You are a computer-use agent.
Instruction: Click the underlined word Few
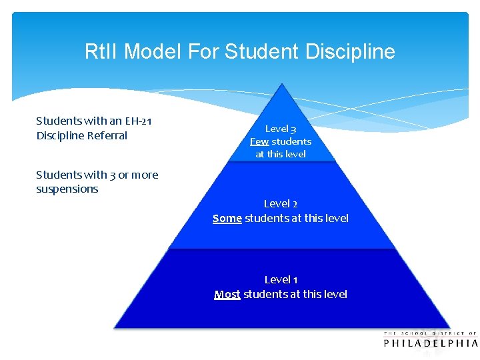(x=259, y=141)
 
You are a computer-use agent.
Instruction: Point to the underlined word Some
(x=227, y=218)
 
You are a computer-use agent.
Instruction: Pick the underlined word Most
(x=227, y=294)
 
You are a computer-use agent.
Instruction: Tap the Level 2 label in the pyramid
(x=281, y=203)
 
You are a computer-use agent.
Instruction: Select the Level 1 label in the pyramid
(x=281, y=279)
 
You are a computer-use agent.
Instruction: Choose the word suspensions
(x=67, y=189)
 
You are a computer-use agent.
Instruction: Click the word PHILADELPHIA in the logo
(x=431, y=343)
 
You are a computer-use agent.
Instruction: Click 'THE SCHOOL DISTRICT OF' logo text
(x=431, y=333)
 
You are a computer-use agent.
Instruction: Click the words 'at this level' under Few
(x=281, y=154)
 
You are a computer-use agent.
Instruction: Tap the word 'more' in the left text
(x=145, y=175)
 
